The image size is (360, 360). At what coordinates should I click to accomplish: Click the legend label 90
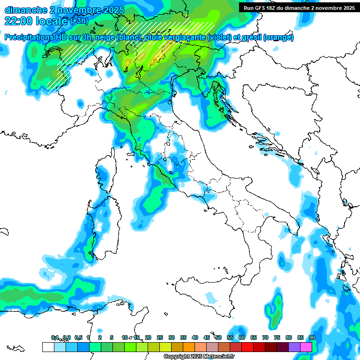(x=312, y=337)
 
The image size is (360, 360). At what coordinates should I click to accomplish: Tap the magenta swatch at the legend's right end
(x=306, y=347)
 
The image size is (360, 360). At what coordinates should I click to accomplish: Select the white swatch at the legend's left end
(x=48, y=347)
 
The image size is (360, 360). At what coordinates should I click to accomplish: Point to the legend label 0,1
(x=55, y=337)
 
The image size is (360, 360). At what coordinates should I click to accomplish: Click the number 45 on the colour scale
(x=207, y=337)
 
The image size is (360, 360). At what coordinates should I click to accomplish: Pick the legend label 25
(x=160, y=337)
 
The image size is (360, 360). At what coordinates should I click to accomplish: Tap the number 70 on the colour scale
(x=265, y=337)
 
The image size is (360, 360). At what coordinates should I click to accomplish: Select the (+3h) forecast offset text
(x=79, y=21)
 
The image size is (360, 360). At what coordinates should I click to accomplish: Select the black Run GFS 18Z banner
(x=299, y=8)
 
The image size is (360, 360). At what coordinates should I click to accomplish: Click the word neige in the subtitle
(x=105, y=37)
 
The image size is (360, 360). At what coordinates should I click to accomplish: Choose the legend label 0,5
(x=78, y=337)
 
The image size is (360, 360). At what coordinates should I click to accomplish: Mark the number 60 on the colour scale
(x=242, y=337)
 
